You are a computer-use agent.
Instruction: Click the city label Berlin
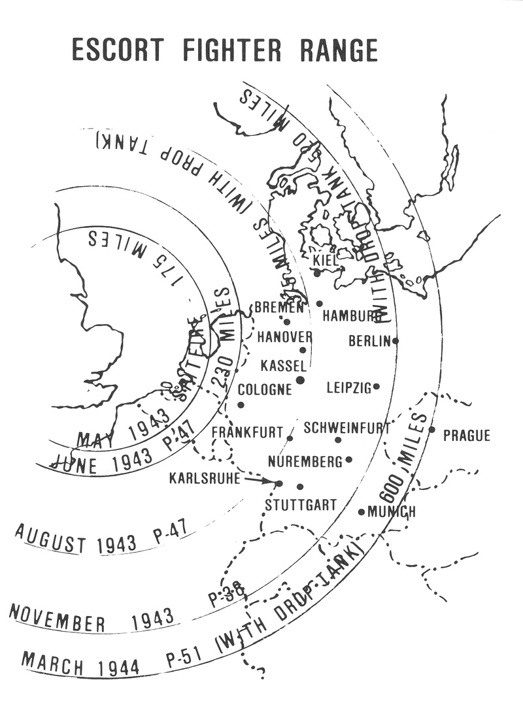(x=369, y=341)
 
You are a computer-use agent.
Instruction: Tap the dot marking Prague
(x=431, y=429)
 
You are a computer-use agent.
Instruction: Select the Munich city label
(x=392, y=512)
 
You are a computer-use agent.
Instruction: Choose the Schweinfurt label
(x=346, y=429)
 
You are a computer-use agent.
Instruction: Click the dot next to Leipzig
(x=377, y=387)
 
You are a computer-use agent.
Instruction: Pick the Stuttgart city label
(x=301, y=505)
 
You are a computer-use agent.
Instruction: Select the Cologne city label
(x=265, y=390)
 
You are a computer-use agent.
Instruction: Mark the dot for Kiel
(x=317, y=272)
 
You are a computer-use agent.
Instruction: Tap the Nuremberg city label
(x=305, y=462)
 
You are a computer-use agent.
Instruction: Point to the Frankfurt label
(x=247, y=432)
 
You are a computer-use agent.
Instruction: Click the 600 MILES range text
(x=403, y=451)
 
